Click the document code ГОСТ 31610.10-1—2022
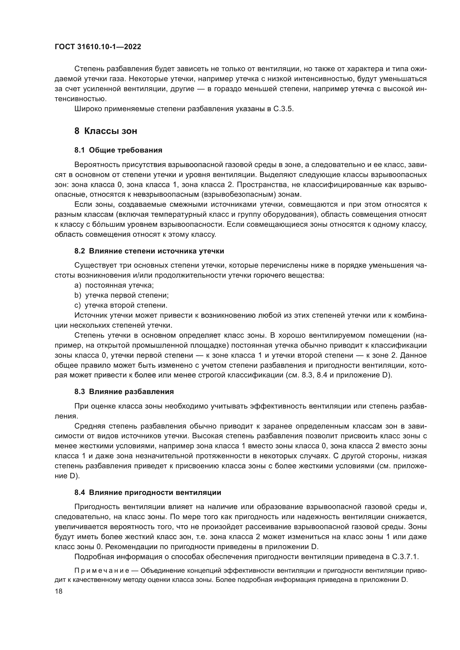98,47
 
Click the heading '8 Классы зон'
106,131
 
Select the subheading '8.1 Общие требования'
118,150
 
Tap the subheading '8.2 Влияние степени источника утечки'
149,251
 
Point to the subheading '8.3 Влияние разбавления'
124,392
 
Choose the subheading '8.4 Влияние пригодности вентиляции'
148,492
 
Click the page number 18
59,591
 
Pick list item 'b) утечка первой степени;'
122,295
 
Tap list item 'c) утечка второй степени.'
121,305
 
